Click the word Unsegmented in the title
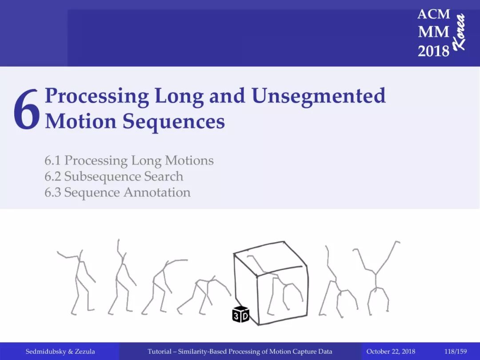[x=319, y=96]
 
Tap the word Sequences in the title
[x=174, y=122]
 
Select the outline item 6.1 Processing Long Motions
[x=129, y=161]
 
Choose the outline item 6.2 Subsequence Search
[x=114, y=176]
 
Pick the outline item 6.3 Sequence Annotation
[x=117, y=193]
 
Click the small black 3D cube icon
[x=240, y=314]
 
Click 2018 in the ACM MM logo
[x=433, y=51]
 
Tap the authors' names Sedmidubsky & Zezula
[x=60, y=352]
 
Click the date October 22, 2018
[x=391, y=352]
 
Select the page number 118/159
[x=456, y=352]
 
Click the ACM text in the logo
[x=433, y=14]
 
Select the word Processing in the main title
[x=97, y=96]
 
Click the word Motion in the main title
[x=81, y=121]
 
